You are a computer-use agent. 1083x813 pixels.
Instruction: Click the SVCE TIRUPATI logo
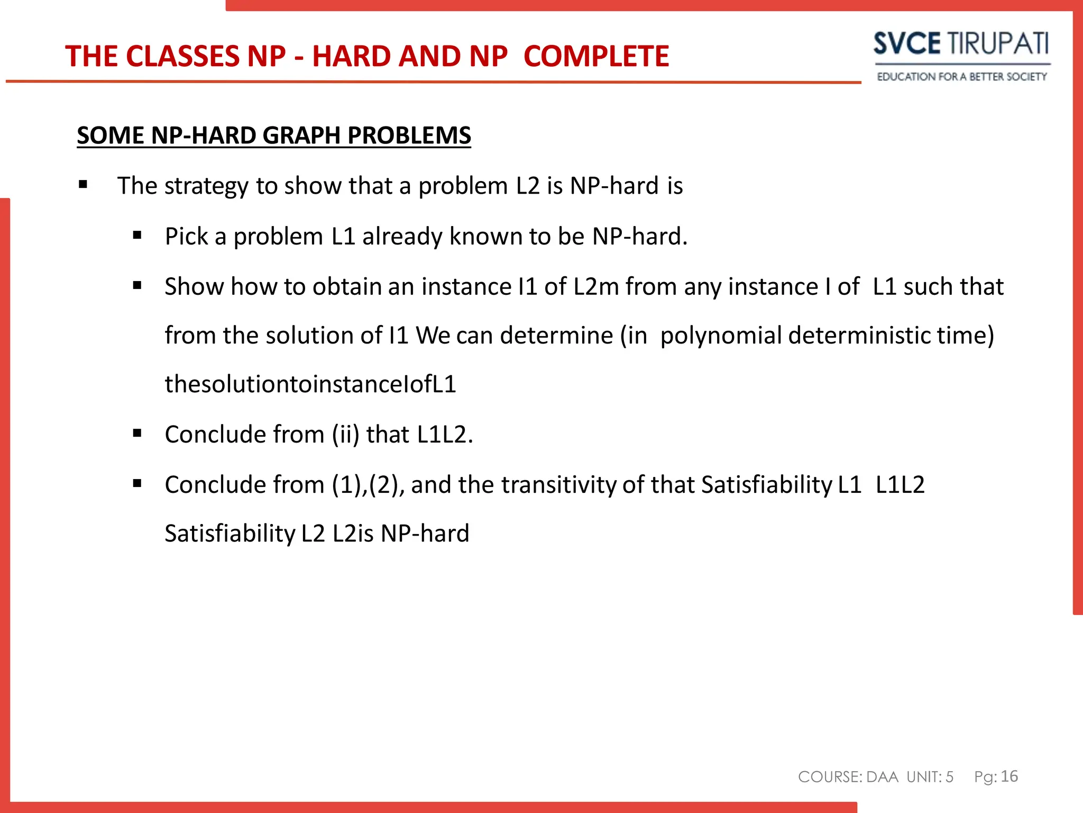[x=960, y=43]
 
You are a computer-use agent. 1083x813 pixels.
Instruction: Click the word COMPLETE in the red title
[x=596, y=56]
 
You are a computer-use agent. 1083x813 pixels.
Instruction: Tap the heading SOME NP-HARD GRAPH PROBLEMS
[x=273, y=135]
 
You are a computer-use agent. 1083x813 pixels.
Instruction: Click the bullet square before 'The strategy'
[x=83, y=185]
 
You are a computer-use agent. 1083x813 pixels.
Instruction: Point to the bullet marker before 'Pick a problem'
[x=137, y=235]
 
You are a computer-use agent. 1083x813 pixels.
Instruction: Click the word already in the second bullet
[x=402, y=236]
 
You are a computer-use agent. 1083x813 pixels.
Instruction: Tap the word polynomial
[x=721, y=336]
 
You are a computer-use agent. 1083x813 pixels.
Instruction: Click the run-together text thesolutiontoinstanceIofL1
[x=310, y=384]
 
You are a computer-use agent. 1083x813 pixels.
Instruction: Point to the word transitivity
[x=558, y=485]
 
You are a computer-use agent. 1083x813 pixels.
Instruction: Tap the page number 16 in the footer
[x=1009, y=776]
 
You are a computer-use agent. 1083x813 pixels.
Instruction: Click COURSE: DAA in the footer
[x=848, y=777]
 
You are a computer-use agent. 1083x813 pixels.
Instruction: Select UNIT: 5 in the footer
[x=930, y=777]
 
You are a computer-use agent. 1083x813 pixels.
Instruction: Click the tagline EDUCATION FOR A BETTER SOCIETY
[x=961, y=77]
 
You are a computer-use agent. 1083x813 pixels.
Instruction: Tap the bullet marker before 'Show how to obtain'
[x=137, y=286]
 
